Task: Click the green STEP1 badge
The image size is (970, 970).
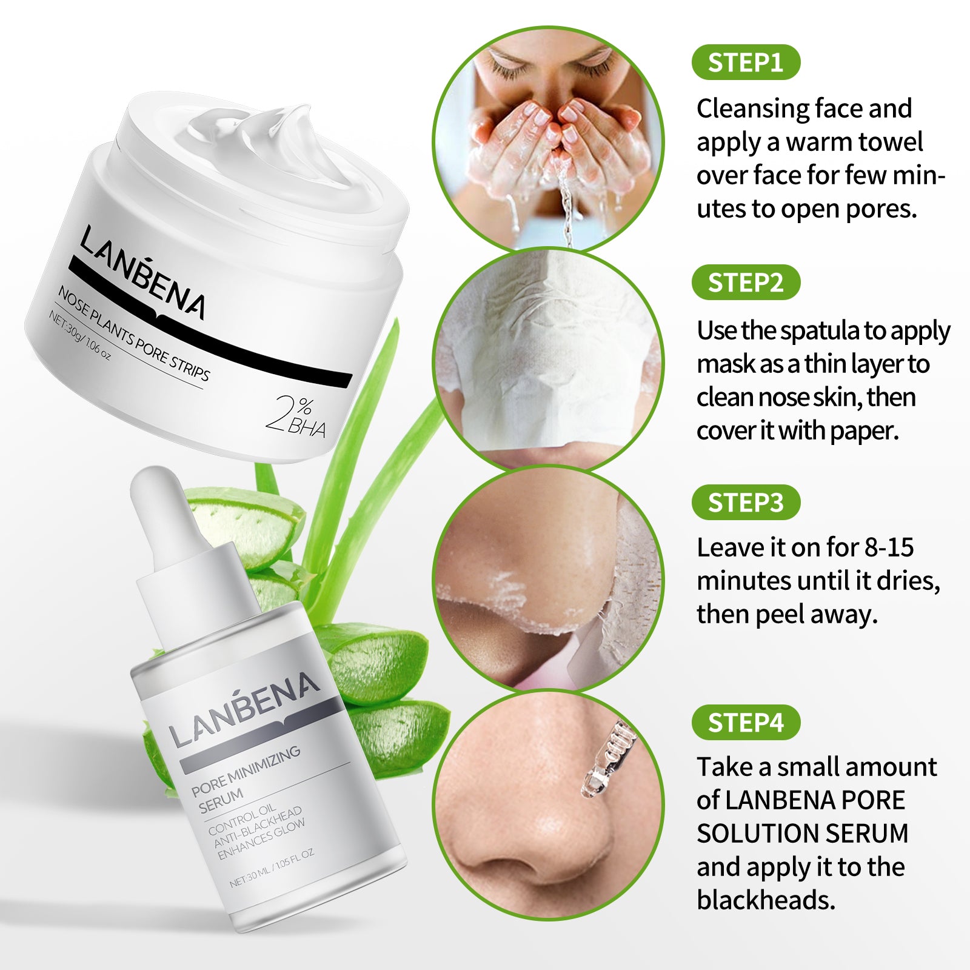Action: pos(745,62)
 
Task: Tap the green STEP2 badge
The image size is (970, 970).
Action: pos(745,283)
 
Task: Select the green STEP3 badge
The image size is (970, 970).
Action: pos(745,503)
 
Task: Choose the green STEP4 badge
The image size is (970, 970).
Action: pos(745,723)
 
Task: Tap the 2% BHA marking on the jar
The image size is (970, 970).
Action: pos(297,416)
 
